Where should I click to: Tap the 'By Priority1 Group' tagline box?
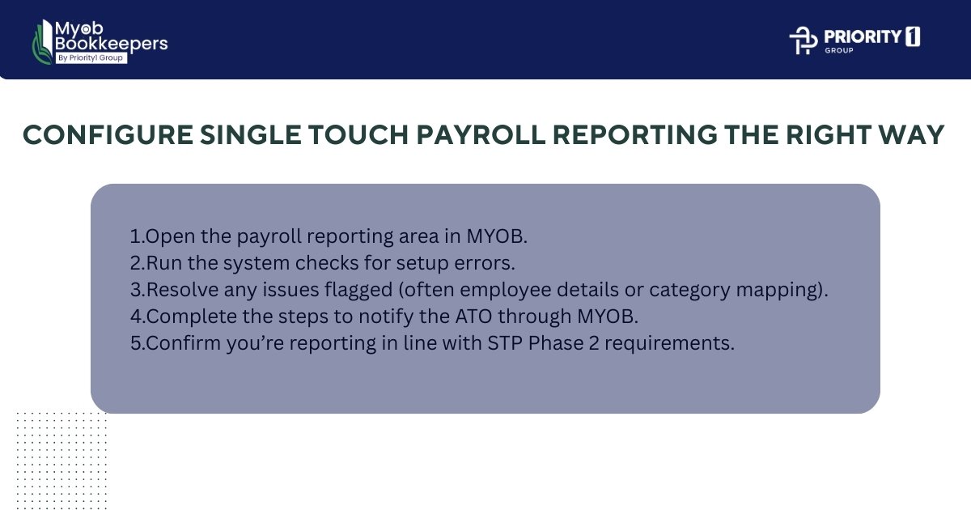[x=91, y=58]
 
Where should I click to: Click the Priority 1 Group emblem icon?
[x=804, y=40]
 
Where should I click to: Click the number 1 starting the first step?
[x=134, y=236]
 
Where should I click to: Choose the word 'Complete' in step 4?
[x=184, y=317]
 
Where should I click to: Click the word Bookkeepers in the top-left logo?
[x=111, y=44]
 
